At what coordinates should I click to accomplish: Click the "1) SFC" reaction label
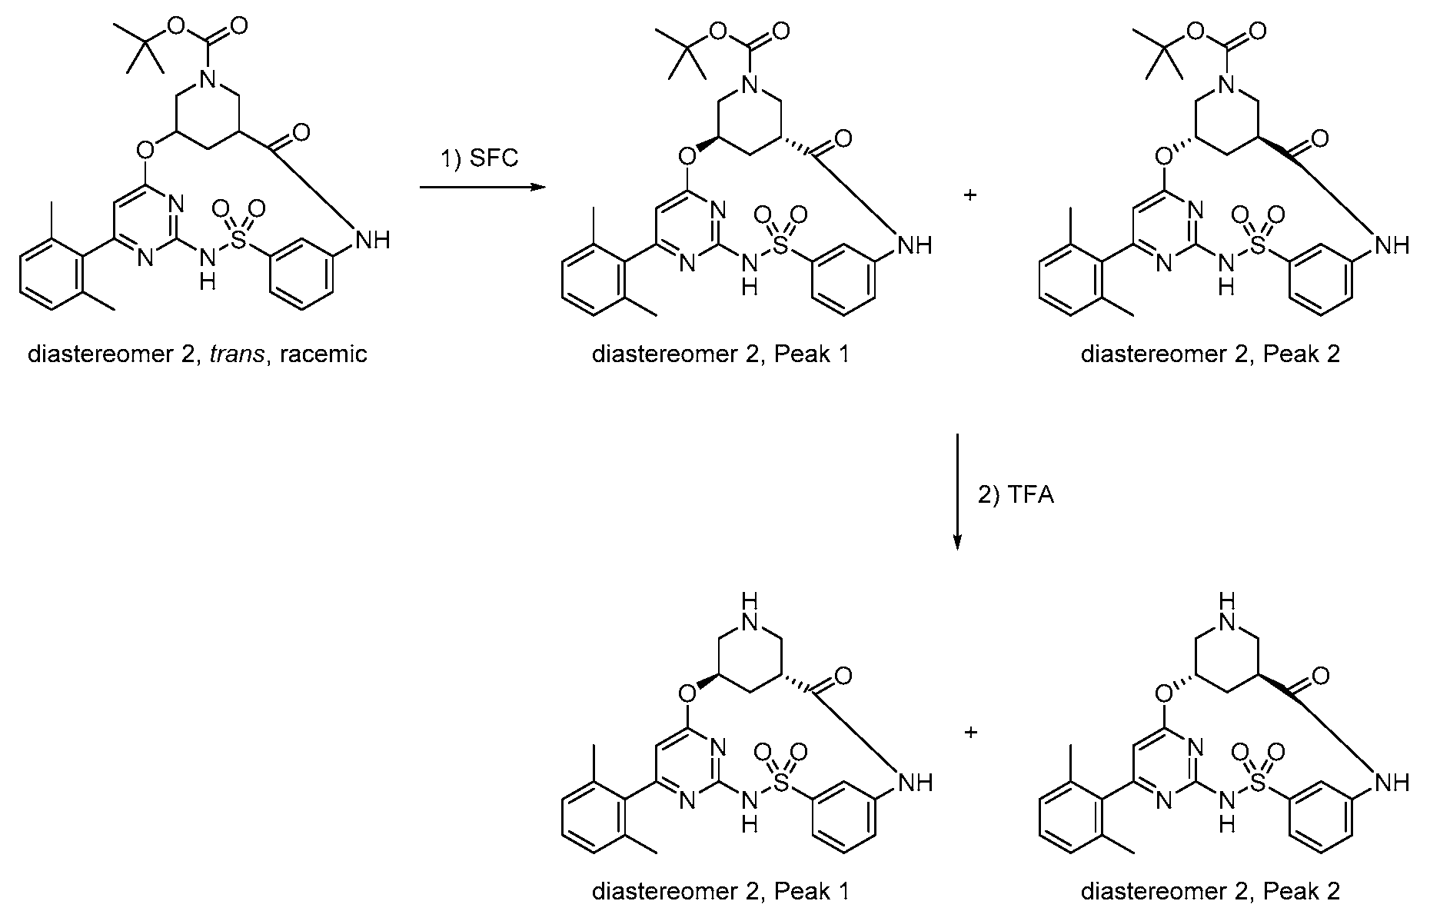coord(478,158)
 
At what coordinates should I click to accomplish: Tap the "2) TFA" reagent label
coord(1016,495)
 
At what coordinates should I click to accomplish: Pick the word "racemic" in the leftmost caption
coord(324,354)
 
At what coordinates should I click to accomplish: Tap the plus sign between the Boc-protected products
coord(970,195)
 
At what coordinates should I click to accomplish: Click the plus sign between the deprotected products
coord(970,732)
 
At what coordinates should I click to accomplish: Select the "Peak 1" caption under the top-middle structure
coord(813,354)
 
